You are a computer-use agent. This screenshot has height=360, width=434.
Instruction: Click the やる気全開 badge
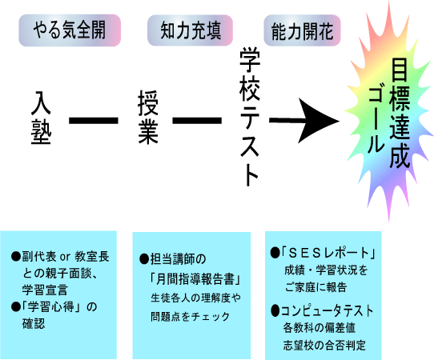[70, 30]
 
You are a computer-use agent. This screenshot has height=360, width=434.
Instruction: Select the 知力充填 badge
[190, 30]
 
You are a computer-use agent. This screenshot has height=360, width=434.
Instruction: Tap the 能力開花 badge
[302, 30]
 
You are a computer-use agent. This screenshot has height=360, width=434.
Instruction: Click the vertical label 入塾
[41, 118]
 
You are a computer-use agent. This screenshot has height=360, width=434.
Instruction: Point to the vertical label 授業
[148, 118]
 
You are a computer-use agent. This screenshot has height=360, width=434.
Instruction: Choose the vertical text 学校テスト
[250, 117]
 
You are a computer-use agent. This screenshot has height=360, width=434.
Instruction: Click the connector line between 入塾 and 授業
[94, 121]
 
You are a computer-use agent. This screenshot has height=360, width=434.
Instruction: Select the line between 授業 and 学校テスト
[197, 121]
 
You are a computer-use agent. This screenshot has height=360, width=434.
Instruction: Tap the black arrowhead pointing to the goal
[319, 121]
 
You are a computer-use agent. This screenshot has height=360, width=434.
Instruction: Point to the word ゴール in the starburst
[376, 121]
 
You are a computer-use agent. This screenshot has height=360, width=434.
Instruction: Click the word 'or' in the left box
[65, 257]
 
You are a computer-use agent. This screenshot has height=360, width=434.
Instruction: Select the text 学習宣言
[45, 290]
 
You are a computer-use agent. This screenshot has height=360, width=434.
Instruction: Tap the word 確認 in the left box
[34, 323]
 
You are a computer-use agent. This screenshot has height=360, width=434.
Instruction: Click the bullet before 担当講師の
[144, 259]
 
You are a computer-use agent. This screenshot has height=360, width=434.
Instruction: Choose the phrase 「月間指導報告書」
[195, 279]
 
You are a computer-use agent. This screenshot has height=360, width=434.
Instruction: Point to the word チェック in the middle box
[211, 316]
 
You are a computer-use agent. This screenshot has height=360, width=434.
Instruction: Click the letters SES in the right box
[307, 253]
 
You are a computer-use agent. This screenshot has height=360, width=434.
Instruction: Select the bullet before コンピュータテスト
[275, 311]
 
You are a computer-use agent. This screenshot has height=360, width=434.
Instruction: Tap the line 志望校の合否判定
[324, 345]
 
